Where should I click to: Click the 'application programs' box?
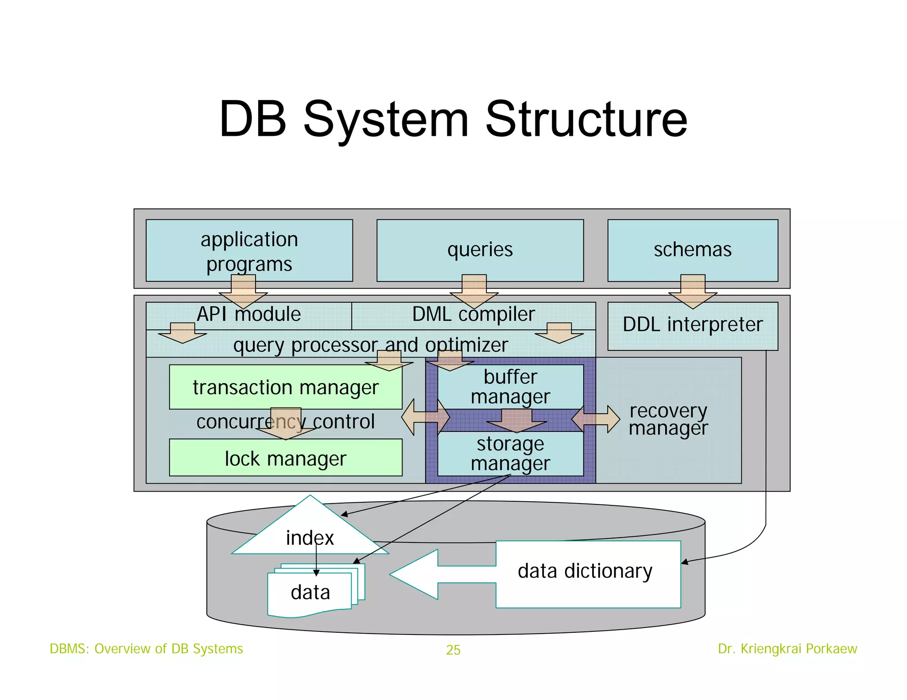[249, 250]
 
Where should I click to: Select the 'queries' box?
[480, 250]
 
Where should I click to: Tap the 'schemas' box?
[692, 250]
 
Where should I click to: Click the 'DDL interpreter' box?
[692, 326]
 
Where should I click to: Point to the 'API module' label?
[248, 315]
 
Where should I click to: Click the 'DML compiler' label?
[473, 315]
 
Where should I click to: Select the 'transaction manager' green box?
[286, 387]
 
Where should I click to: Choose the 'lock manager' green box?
[286, 458]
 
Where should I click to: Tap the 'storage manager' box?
[510, 454]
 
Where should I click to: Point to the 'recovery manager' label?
[668, 419]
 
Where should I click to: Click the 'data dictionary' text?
[585, 571]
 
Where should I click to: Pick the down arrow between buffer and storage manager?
[516, 420]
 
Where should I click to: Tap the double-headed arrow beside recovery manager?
[596, 419]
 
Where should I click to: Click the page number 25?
[453, 650]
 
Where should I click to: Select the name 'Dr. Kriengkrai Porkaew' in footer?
[787, 649]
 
